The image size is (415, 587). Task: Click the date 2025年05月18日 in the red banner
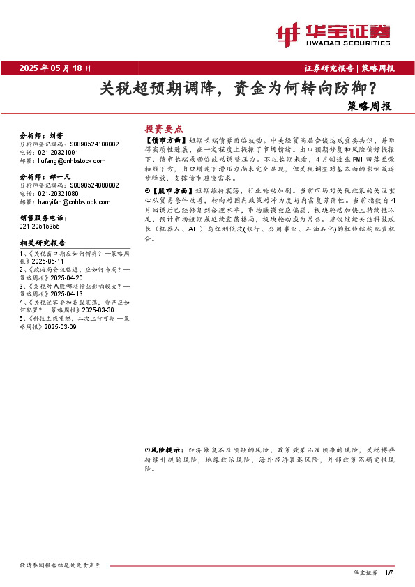(55, 68)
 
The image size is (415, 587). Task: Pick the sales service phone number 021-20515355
(40, 226)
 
